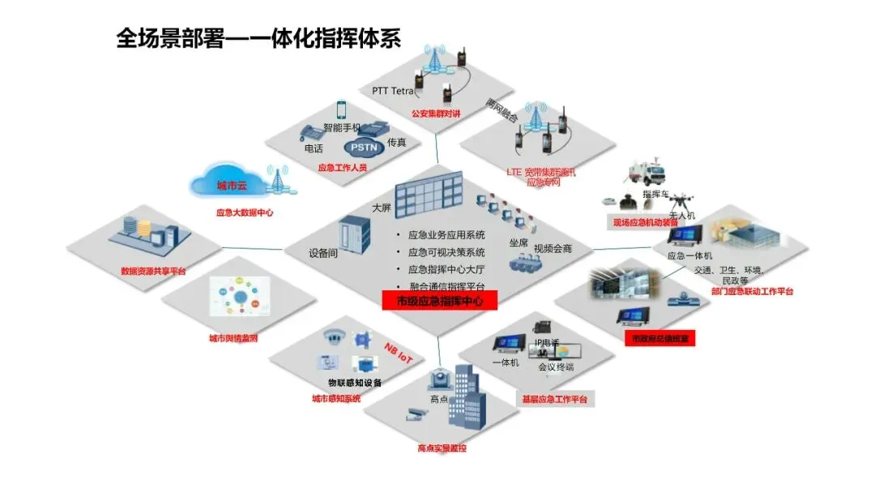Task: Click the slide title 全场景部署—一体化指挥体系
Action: (258, 38)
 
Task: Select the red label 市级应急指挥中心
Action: (438, 302)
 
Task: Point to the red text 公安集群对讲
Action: (436, 114)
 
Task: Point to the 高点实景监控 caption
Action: (442, 448)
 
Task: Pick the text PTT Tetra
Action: (393, 91)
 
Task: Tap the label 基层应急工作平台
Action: (555, 399)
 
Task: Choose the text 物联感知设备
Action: (355, 383)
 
